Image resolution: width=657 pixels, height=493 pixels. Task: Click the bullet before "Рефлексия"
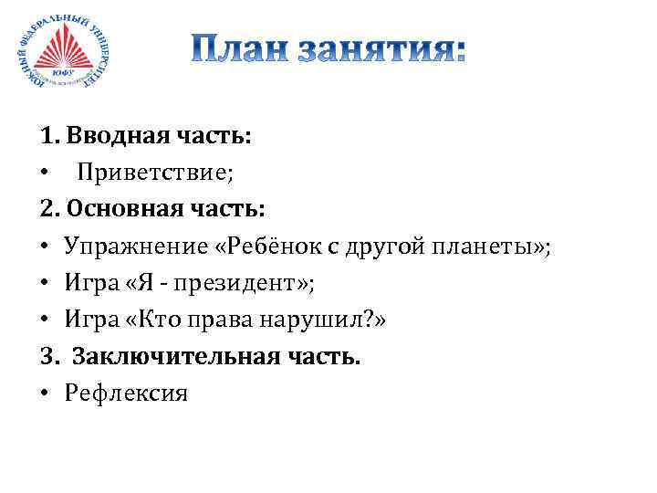tap(46, 394)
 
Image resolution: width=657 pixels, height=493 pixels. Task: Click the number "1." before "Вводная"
tap(49, 137)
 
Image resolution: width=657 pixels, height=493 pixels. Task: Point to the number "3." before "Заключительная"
tap(49, 357)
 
